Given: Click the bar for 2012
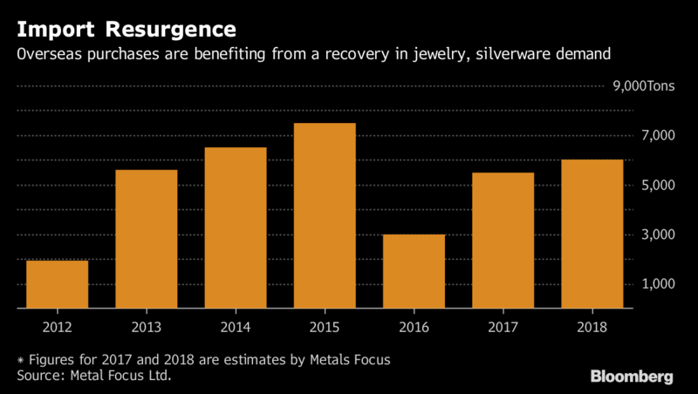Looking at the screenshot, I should pyautogui.click(x=57, y=285).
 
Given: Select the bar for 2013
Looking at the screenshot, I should pyautogui.click(x=146, y=240).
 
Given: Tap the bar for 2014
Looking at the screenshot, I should pyautogui.click(x=235, y=228).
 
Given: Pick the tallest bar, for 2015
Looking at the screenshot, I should pyautogui.click(x=325, y=216).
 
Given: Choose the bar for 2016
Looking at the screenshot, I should pyautogui.click(x=414, y=272).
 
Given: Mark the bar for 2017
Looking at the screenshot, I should pyautogui.click(x=503, y=241).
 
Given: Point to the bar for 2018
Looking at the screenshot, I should pyautogui.click(x=592, y=234).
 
